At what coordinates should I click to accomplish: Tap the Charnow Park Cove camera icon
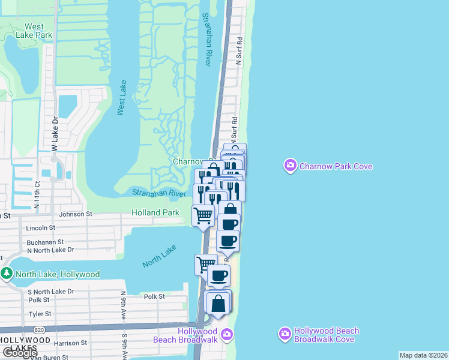click(291, 166)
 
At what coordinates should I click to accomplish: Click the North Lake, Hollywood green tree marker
click(7, 274)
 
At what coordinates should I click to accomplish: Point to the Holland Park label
click(155, 212)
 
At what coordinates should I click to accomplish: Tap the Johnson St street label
click(76, 214)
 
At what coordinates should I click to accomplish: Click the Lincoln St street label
click(41, 228)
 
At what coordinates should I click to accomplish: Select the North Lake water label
click(160, 256)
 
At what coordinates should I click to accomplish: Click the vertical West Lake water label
click(122, 97)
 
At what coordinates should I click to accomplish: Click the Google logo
click(20, 353)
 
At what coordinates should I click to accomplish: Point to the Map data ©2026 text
click(423, 355)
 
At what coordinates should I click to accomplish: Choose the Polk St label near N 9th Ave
click(154, 296)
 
